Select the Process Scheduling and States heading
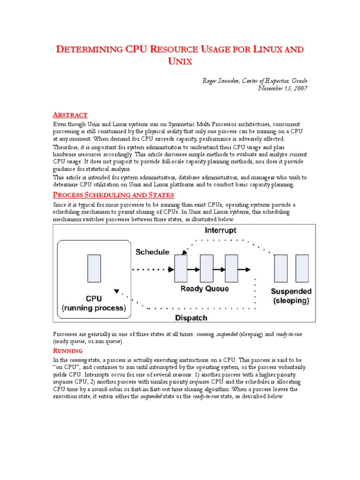(x=113, y=195)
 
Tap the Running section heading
(x=67, y=351)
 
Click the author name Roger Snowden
(x=220, y=81)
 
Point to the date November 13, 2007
(x=283, y=89)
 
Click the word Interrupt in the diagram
(x=220, y=231)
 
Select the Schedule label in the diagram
(x=152, y=252)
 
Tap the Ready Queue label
(x=205, y=289)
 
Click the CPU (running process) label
(x=94, y=303)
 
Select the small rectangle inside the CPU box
(x=94, y=268)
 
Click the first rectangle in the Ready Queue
(x=181, y=269)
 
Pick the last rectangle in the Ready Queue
(x=231, y=269)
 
